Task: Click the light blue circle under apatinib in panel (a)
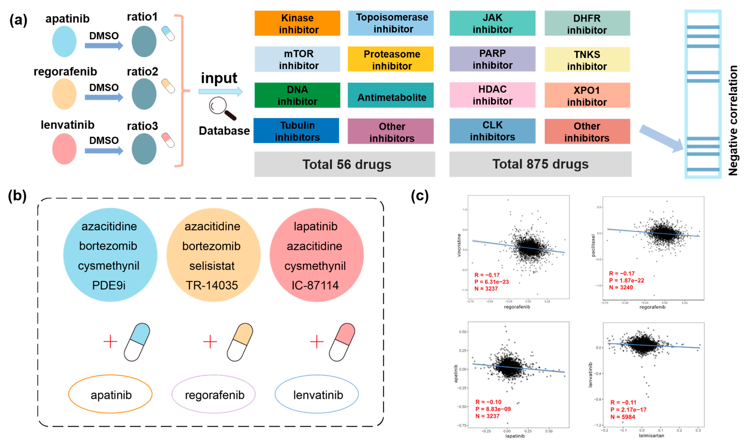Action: pos(64,41)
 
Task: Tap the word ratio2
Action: pos(142,71)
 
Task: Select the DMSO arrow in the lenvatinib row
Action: pos(104,151)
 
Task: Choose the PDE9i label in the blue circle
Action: pos(109,285)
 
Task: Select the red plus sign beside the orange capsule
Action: pos(210,342)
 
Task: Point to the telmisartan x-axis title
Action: pos(651,435)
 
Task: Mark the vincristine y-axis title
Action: pos(459,245)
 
